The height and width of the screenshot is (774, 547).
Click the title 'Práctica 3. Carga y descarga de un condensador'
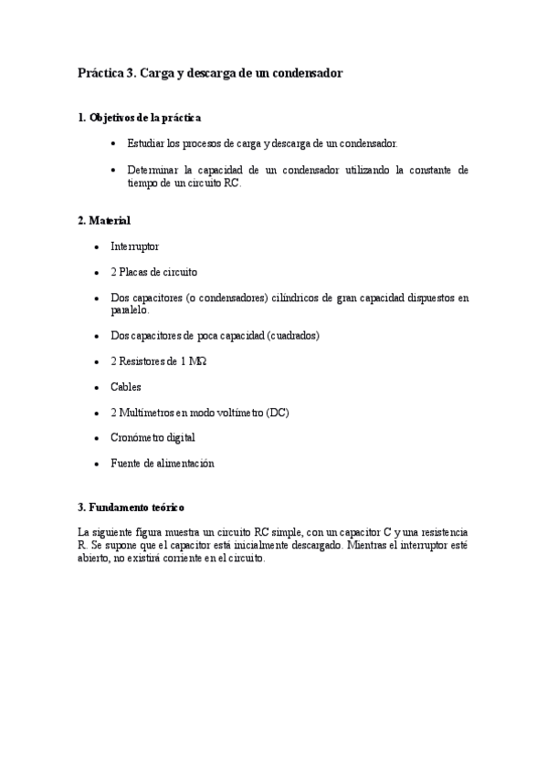coord(210,73)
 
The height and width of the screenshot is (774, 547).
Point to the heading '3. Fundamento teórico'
coord(132,507)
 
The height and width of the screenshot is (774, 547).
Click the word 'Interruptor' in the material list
coord(134,246)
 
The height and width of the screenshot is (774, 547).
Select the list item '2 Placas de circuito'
coord(153,272)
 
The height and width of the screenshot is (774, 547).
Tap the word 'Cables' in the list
coord(126,387)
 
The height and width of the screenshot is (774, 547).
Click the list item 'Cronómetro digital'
coord(153,438)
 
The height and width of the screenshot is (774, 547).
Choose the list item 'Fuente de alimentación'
coord(162,464)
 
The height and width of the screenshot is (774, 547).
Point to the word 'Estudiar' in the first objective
coord(146,144)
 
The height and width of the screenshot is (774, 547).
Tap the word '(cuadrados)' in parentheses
coord(292,336)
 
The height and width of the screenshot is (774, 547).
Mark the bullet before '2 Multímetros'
coord(97,413)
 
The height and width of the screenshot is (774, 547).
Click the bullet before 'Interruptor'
coord(97,246)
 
